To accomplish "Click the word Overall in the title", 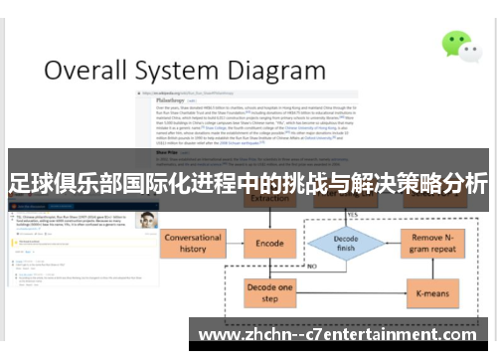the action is tap(86, 72).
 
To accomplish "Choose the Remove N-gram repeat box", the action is tap(433, 244).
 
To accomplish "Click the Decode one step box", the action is tap(270, 293).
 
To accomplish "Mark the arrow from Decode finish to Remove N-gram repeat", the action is tap(390, 244).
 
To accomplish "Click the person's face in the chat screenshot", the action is tap(147, 220).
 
